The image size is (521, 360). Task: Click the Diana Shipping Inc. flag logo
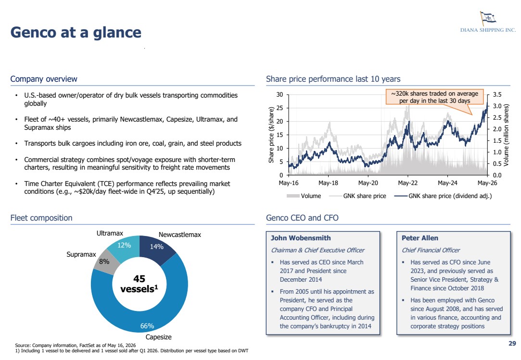point(487,17)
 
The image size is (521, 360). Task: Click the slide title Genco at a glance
point(76,33)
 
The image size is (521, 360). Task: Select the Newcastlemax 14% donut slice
point(157,249)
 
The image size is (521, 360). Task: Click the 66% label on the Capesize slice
point(147,326)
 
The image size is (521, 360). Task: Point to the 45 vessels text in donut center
point(139,284)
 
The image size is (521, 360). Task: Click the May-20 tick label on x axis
point(368,183)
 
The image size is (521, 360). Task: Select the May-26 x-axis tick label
point(487,183)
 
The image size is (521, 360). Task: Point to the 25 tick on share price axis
point(280,108)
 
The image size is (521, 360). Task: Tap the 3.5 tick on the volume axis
point(497,95)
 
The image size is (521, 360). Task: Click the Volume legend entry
point(304,196)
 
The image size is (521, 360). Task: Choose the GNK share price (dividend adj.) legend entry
point(443,196)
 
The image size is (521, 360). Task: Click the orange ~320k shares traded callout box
point(434,97)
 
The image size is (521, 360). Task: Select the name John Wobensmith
point(301,238)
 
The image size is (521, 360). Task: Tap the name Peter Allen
point(419,238)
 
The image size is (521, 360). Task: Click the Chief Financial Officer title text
point(431,250)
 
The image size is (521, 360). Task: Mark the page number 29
point(512,343)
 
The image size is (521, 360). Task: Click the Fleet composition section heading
point(41,218)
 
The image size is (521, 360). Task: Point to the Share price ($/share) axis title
point(271,135)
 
